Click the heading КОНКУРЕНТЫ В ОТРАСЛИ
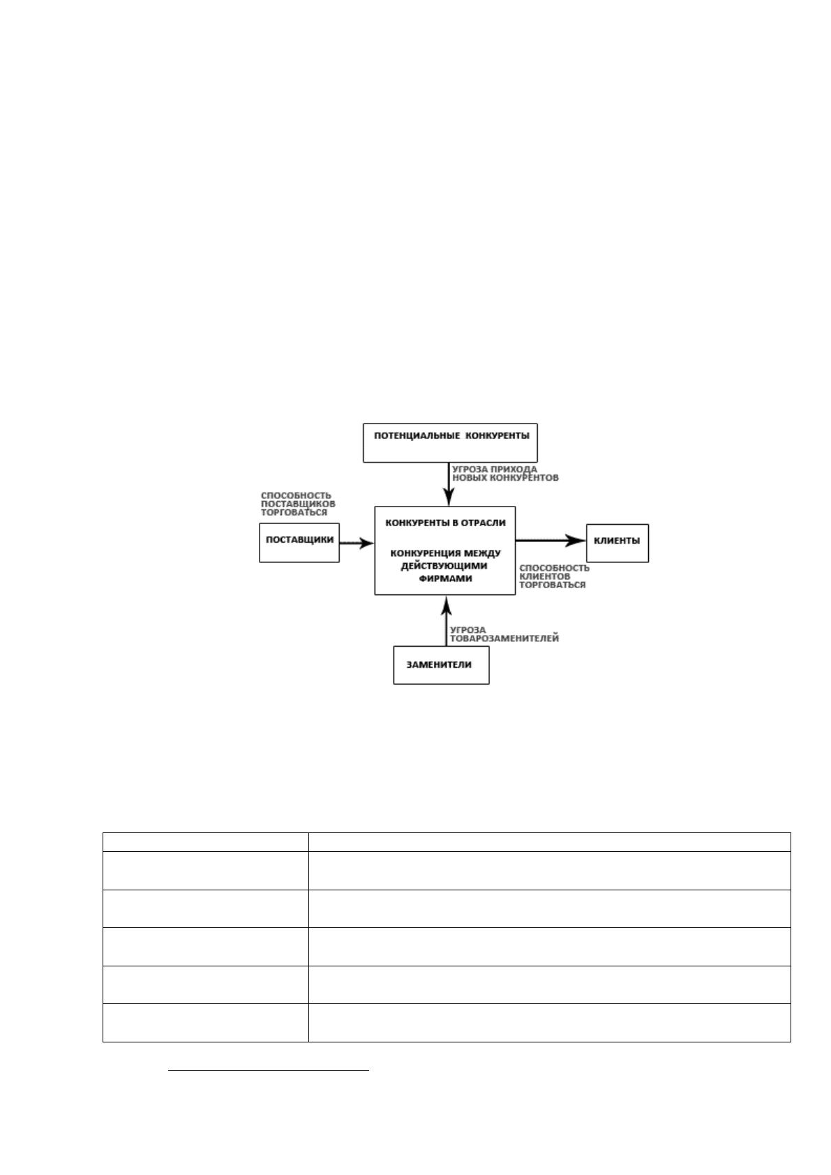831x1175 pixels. tap(445, 523)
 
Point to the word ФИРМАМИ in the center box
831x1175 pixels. tap(445, 578)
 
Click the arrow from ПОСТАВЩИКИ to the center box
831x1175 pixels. tap(357, 543)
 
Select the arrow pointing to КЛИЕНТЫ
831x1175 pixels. tap(551, 540)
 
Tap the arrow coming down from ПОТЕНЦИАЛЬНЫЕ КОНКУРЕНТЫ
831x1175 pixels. tap(449, 484)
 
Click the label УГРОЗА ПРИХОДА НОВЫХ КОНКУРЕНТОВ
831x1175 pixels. tap(505, 473)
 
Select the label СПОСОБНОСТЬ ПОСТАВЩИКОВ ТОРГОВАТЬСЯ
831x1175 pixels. tap(298, 504)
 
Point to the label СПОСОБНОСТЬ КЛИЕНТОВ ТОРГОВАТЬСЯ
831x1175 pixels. tap(555, 576)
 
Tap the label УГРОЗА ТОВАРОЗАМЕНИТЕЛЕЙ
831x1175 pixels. tap(504, 634)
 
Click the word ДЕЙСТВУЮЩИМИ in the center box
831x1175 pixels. tap(444, 565)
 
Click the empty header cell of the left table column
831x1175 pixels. tap(206, 842)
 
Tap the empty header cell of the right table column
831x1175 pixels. tap(549, 842)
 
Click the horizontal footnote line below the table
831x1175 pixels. tap(269, 1070)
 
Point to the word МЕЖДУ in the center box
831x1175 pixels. tap(483, 553)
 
